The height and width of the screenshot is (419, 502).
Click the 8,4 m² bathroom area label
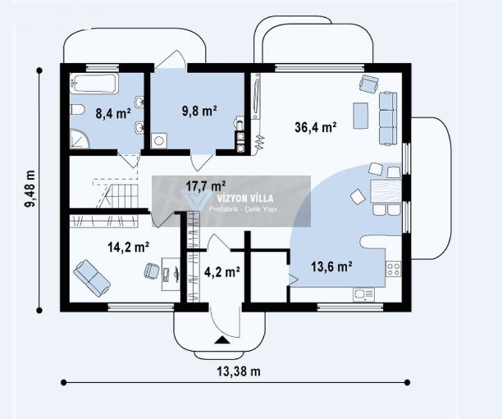tap(113, 113)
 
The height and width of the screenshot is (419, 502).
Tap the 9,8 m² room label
tap(199, 111)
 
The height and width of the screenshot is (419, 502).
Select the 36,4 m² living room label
tap(315, 127)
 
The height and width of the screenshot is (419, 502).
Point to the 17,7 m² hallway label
tap(206, 185)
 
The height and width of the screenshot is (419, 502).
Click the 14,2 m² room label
tap(128, 247)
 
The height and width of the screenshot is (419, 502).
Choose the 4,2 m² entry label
tap(222, 272)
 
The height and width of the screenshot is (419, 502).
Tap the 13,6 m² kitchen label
tap(332, 266)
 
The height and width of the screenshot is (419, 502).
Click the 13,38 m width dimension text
tap(239, 371)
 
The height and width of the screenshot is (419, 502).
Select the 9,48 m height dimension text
tap(30, 189)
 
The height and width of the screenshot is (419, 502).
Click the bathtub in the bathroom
tap(94, 84)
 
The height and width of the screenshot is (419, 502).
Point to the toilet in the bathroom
tap(77, 110)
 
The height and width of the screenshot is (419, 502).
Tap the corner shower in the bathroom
tap(80, 139)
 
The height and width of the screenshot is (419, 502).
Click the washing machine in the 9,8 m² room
tap(159, 141)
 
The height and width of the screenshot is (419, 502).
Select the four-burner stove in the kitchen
tap(394, 269)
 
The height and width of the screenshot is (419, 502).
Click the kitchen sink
tap(363, 294)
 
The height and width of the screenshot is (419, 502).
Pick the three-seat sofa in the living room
tap(388, 118)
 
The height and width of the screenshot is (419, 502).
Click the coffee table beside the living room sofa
tap(361, 116)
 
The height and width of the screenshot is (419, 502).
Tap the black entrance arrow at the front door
tap(222, 340)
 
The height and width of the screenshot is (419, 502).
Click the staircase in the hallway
tap(118, 196)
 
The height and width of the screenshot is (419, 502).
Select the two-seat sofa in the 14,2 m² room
tap(92, 278)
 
